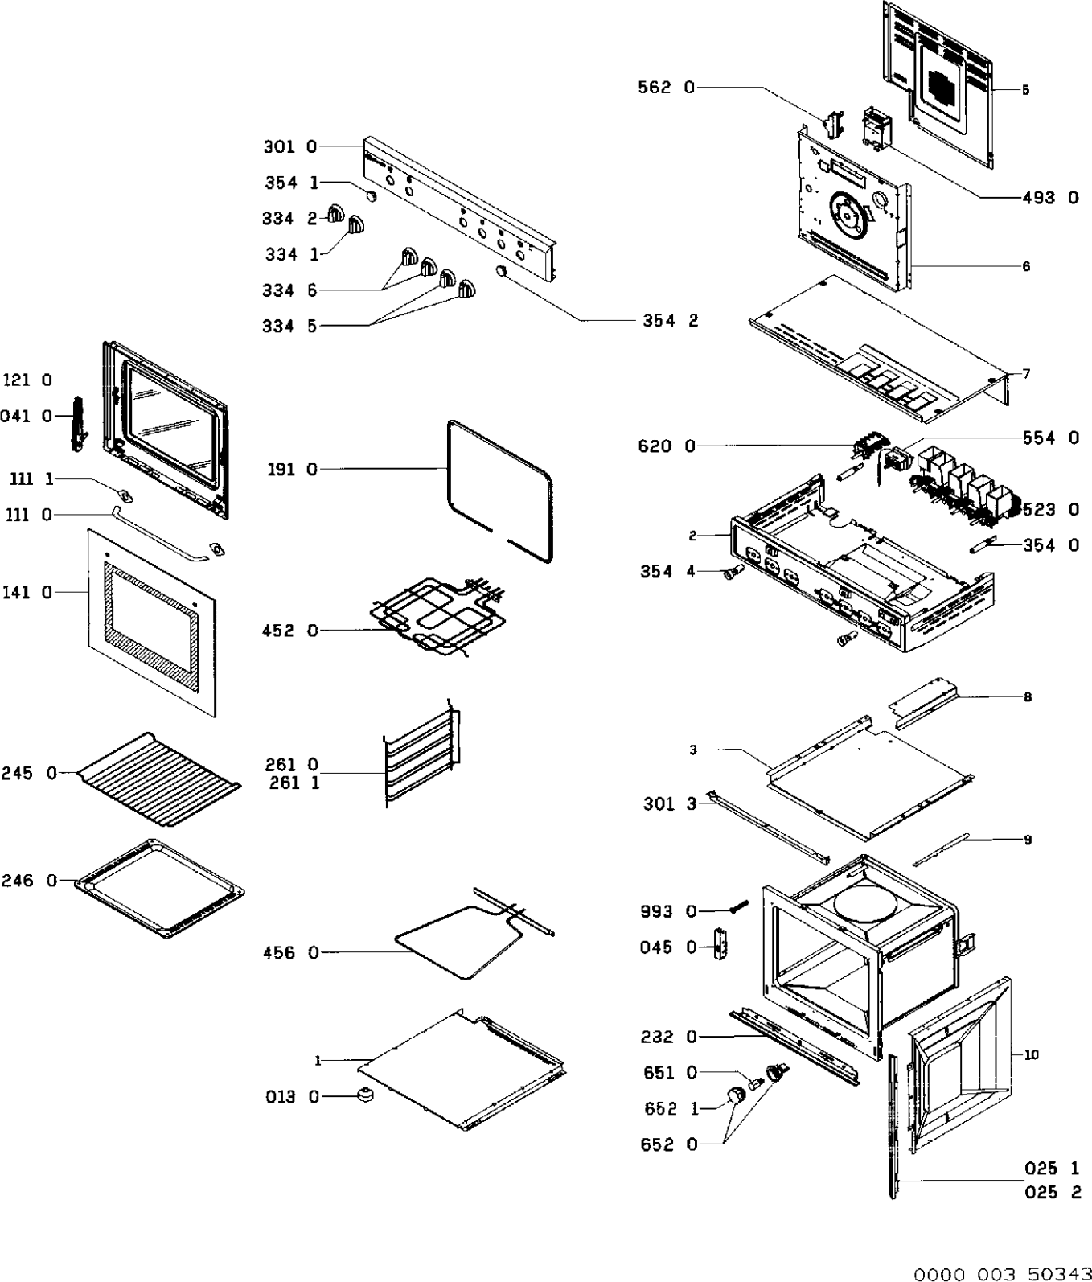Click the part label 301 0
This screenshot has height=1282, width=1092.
tap(289, 146)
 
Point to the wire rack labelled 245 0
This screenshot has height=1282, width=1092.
tap(157, 779)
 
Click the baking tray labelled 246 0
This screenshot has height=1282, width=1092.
tap(159, 889)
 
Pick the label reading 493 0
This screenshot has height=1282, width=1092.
tap(1050, 197)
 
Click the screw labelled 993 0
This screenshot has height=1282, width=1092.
tap(738, 908)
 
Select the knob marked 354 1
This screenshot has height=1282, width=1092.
tap(371, 195)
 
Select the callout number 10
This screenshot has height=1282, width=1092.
tap(1032, 1054)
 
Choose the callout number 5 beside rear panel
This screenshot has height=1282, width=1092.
tap(1025, 90)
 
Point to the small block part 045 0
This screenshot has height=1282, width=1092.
tap(721, 942)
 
